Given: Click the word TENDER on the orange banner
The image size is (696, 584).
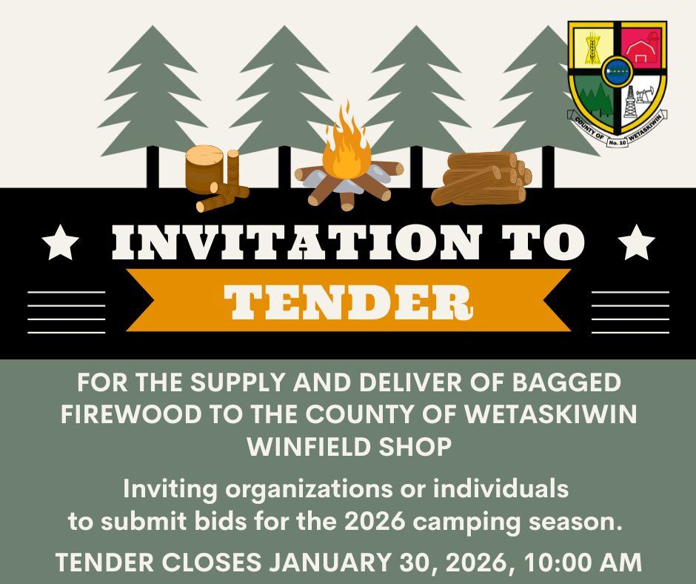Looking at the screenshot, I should (x=347, y=299).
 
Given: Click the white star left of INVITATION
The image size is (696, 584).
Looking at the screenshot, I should (x=60, y=244).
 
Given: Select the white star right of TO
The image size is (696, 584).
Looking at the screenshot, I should (x=636, y=244).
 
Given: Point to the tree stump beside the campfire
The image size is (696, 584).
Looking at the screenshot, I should (x=204, y=168).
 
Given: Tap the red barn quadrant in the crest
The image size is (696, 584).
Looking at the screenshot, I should (x=641, y=47).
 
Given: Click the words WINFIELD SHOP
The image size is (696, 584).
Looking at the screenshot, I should (x=349, y=447).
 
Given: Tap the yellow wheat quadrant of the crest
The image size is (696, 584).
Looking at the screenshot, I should (x=592, y=47).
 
